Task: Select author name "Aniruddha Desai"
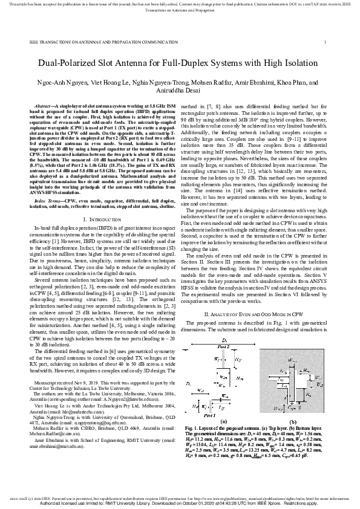click(x=179, y=88)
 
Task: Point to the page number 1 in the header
click(x=325, y=42)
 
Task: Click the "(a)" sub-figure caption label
click(x=224, y=422)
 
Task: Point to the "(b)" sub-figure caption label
click(x=293, y=422)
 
